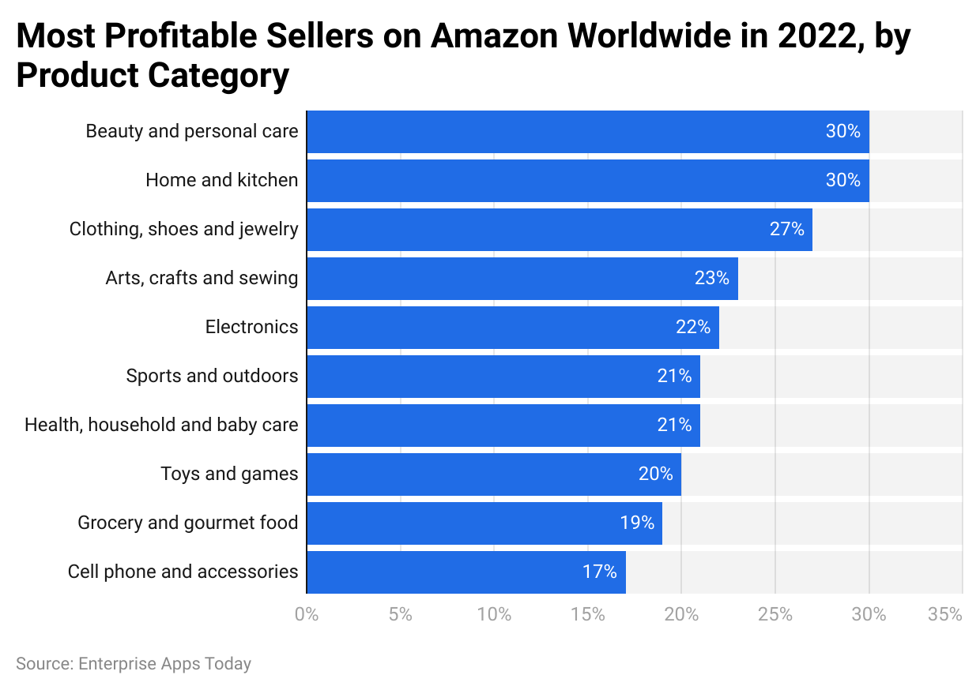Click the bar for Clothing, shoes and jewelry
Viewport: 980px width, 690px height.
(559, 230)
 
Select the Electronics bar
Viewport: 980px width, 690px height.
(512, 328)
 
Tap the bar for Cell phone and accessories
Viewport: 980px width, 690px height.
(465, 572)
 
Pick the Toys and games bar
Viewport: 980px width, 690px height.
(493, 474)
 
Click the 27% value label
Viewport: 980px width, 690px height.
(786, 230)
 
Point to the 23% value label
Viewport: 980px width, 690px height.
(711, 279)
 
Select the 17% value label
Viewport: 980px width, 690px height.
(599, 572)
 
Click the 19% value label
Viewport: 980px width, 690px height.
(637, 523)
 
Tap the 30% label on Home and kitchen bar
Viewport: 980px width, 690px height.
(842, 181)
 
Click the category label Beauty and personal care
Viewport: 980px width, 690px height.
(191, 132)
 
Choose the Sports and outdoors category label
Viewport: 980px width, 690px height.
(212, 377)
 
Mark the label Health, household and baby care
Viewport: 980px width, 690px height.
(161, 426)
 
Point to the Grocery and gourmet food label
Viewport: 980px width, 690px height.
(187, 523)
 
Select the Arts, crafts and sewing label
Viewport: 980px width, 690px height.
(202, 279)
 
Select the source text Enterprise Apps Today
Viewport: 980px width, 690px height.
(164, 664)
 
